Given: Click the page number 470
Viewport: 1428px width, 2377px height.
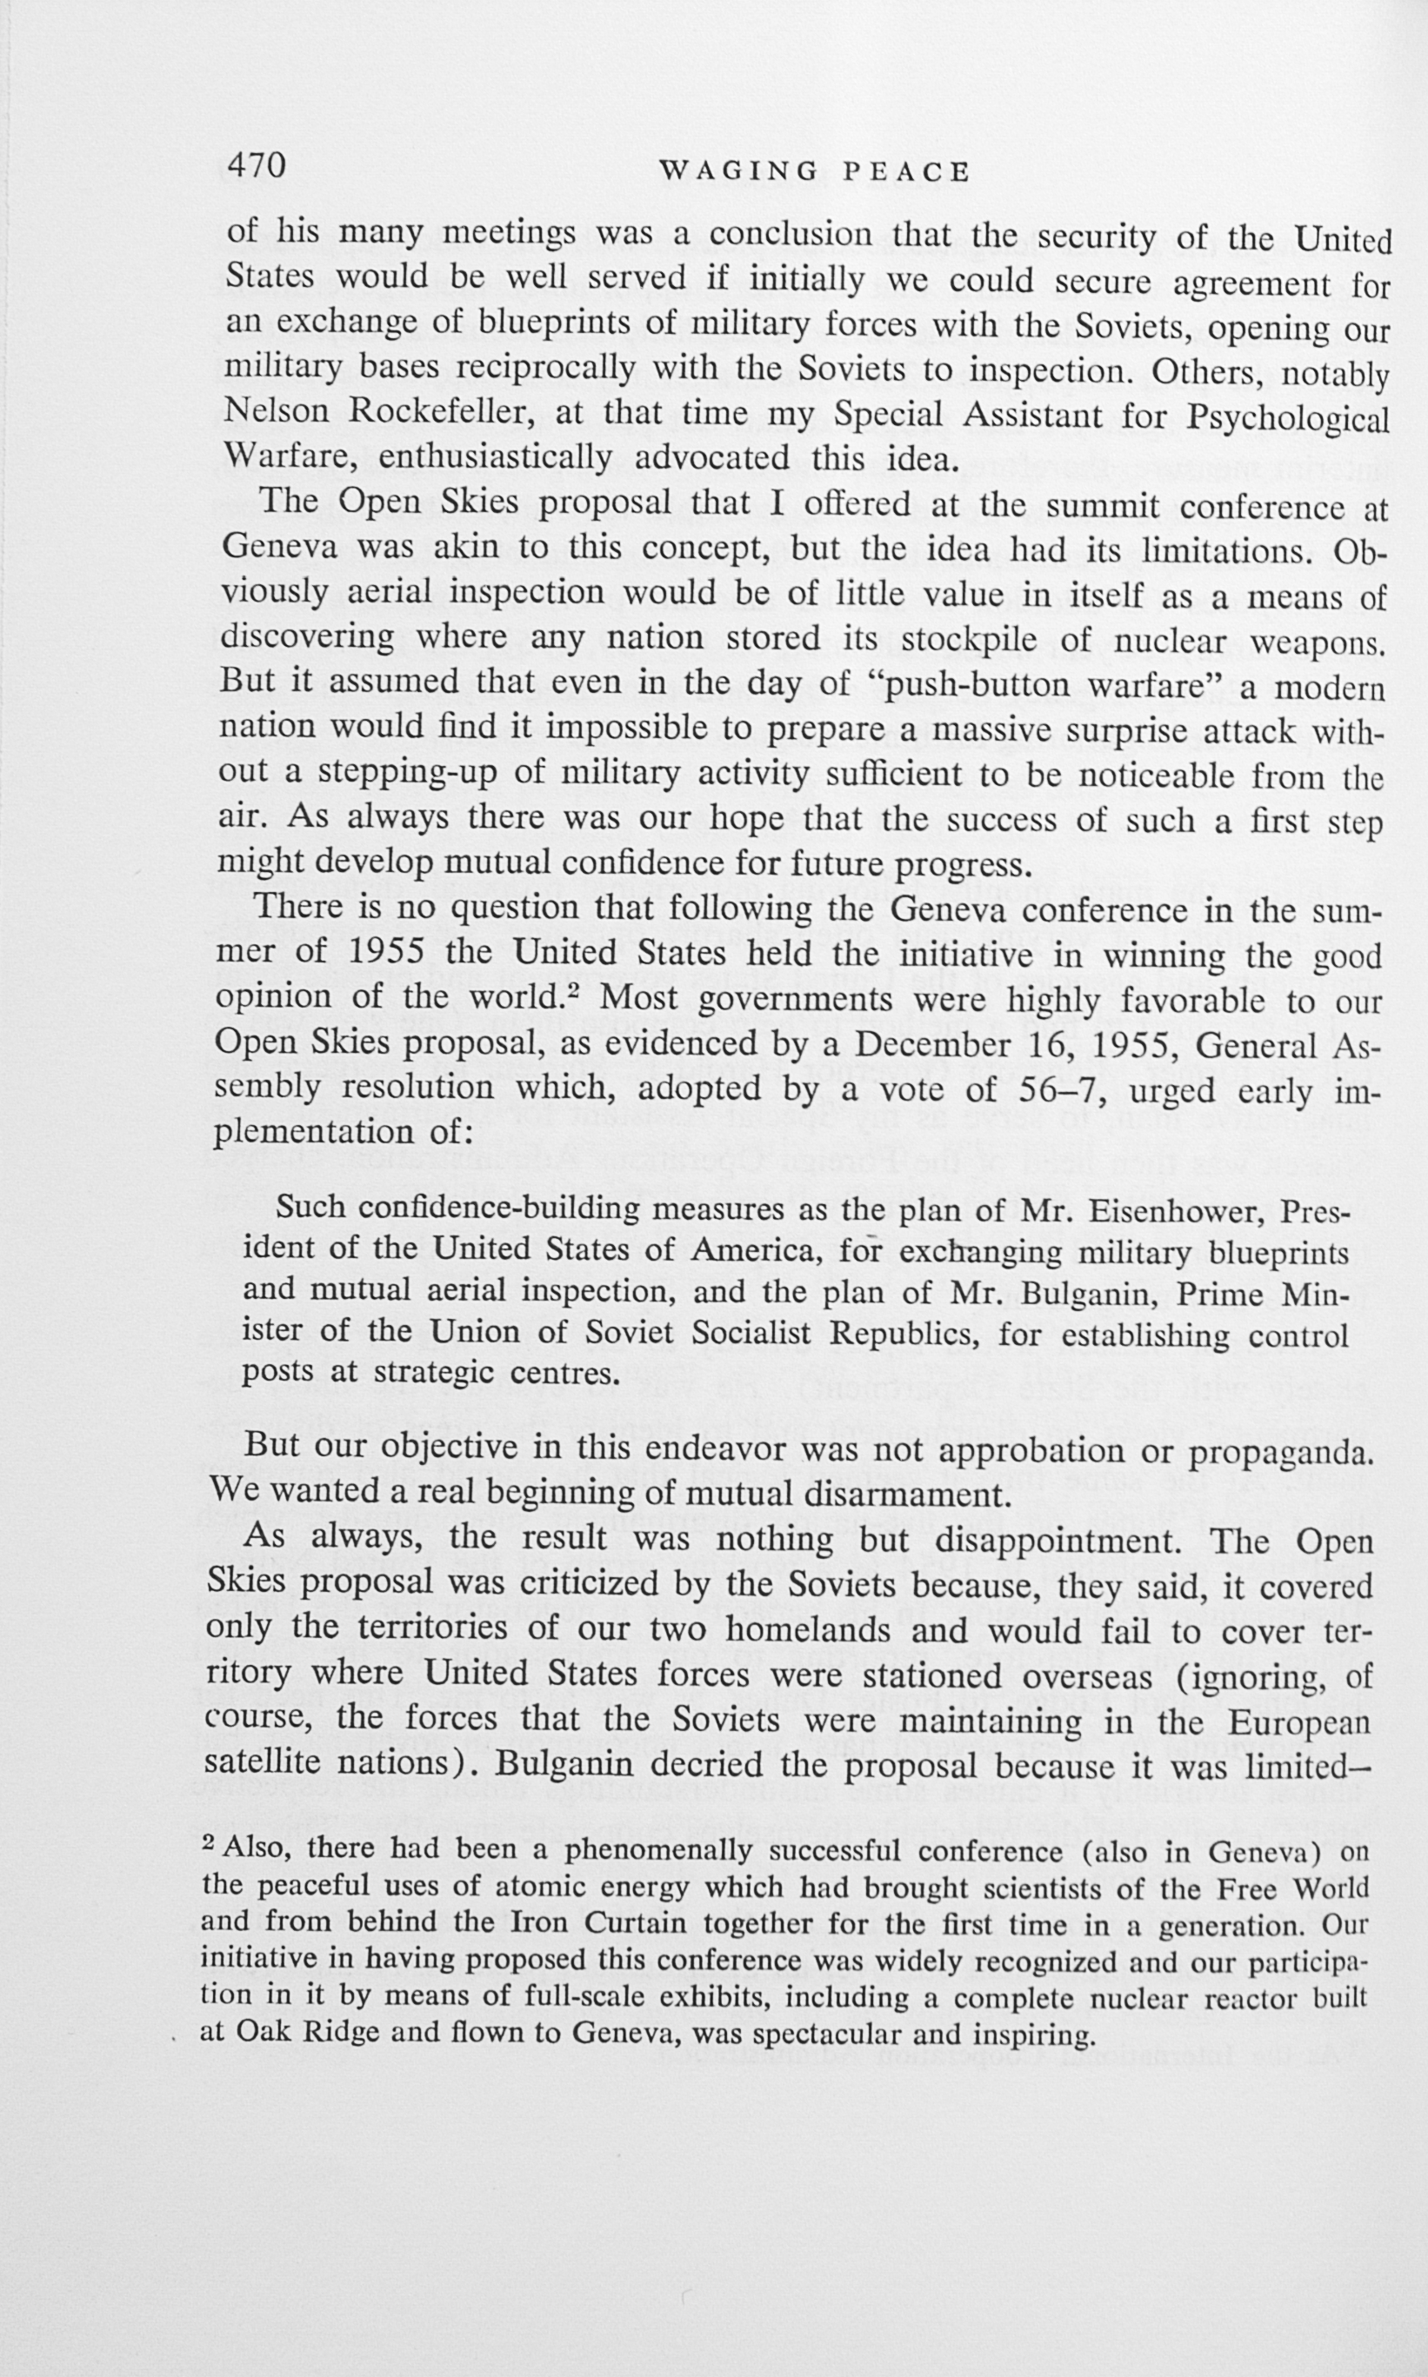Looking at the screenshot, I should [x=256, y=165].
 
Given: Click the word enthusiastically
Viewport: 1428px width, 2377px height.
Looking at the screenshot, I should [x=495, y=458].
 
